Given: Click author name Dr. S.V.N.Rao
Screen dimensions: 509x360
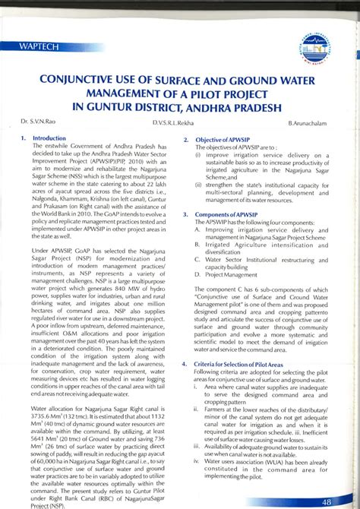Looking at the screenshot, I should [39, 122].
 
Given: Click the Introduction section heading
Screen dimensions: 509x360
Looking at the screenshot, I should [50, 138].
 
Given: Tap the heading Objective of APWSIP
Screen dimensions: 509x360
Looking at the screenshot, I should [225, 141].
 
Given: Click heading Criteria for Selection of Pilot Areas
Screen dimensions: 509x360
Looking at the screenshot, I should [248, 365].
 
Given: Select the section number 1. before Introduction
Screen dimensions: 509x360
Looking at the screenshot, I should [24, 138].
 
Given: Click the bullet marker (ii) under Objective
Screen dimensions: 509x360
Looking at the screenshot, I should [198, 183].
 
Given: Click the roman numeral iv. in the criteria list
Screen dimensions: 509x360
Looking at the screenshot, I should [197, 460].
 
